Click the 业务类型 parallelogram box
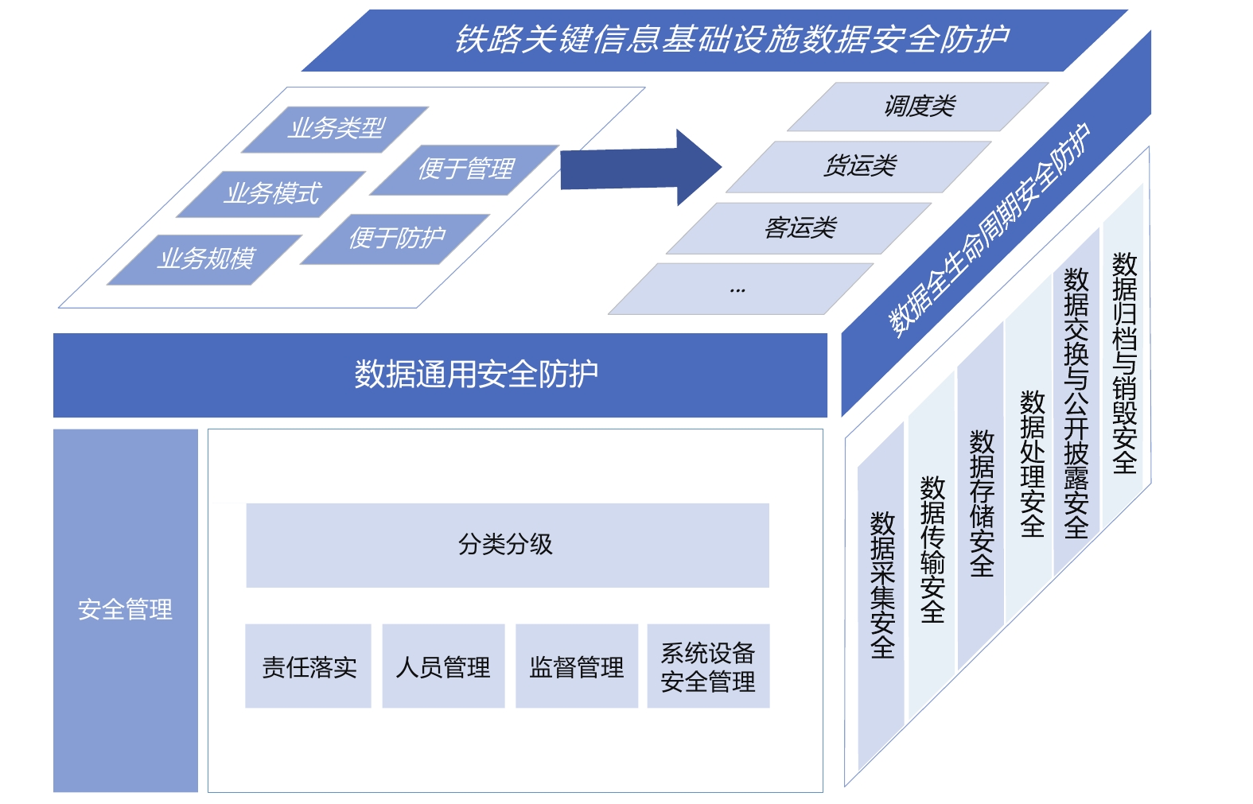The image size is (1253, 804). click(x=336, y=129)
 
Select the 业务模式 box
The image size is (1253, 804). click(x=272, y=194)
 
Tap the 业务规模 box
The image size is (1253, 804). click(x=205, y=259)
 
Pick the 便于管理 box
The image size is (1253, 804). click(x=465, y=169)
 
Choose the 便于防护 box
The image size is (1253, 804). click(x=396, y=239)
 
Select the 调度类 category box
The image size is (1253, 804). click(x=919, y=107)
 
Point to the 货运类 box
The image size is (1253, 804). click(x=860, y=167)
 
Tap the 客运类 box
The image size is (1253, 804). click(x=800, y=229)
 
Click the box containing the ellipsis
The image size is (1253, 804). click(x=740, y=289)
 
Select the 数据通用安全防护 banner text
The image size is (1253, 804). click(x=476, y=375)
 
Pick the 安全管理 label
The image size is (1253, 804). click(x=125, y=610)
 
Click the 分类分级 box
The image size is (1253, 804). click(x=507, y=545)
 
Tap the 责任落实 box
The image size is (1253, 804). click(x=309, y=666)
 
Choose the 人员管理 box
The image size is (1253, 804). click(x=443, y=666)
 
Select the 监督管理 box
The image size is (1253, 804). click(x=577, y=666)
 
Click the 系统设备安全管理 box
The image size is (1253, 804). click(x=708, y=666)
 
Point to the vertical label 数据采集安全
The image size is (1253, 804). click(x=882, y=585)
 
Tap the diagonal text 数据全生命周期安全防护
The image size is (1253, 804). click(x=990, y=231)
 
